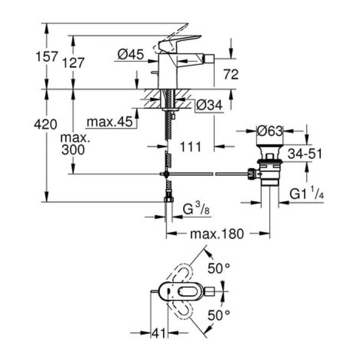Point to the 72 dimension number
click(231, 75)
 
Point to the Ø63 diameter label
click(270, 131)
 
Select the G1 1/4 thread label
click(308, 194)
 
